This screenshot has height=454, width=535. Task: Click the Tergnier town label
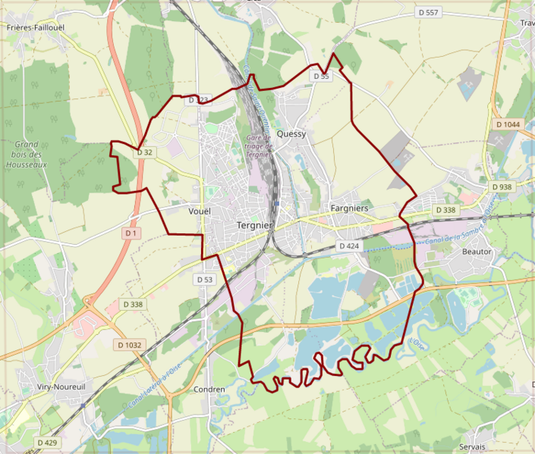pyautogui.click(x=254, y=225)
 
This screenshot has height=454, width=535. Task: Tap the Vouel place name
pyautogui.click(x=199, y=211)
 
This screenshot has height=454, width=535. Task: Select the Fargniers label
pyautogui.click(x=350, y=208)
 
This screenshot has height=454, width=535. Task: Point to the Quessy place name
pyautogui.click(x=291, y=133)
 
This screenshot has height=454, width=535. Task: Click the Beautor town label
pyautogui.click(x=477, y=251)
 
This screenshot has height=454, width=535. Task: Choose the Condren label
pyautogui.click(x=209, y=390)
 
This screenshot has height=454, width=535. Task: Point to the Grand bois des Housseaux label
pyautogui.click(x=26, y=154)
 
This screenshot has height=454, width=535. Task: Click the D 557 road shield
pyautogui.click(x=428, y=13)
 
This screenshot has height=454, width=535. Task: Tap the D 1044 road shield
pyautogui.click(x=507, y=124)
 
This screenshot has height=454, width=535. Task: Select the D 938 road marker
pyautogui.click(x=502, y=186)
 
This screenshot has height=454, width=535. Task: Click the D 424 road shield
pyautogui.click(x=348, y=246)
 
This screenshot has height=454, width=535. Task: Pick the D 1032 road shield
pyautogui.click(x=129, y=345)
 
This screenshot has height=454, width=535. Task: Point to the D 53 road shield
pyautogui.click(x=205, y=280)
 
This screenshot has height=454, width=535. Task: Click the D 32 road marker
pyautogui.click(x=145, y=152)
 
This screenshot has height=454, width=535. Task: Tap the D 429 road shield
pyautogui.click(x=46, y=442)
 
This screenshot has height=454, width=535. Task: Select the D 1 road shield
pyautogui.click(x=131, y=233)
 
